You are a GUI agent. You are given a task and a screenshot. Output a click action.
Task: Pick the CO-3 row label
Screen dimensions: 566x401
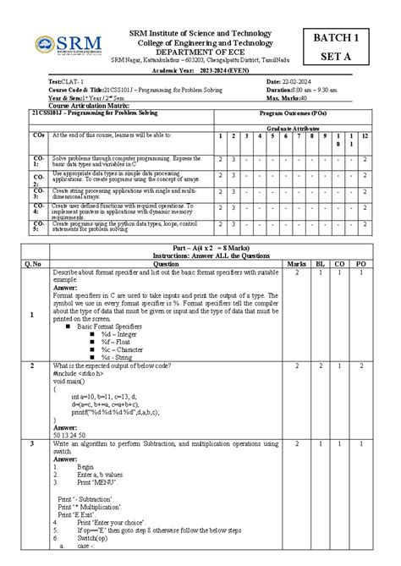tap(39, 194)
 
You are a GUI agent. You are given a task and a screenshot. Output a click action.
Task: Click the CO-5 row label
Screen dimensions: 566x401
tap(39, 226)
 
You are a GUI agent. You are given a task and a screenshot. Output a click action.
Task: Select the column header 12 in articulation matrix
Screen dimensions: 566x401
tap(365, 135)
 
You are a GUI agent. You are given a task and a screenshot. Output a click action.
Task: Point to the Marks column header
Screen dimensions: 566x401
tap(297, 263)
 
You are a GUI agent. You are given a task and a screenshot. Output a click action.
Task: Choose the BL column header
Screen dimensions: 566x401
tap(320, 263)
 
